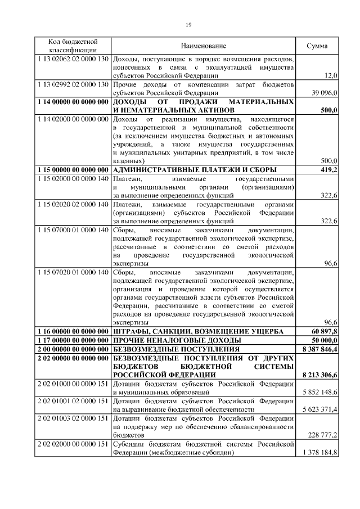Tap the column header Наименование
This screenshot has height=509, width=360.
click(x=203, y=46)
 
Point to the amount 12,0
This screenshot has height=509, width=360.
click(x=331, y=75)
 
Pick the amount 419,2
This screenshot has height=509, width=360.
click(x=328, y=169)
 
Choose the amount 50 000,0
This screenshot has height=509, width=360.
click(x=322, y=340)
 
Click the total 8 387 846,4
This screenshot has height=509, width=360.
click(x=319, y=349)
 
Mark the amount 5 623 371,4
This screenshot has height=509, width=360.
click(x=319, y=409)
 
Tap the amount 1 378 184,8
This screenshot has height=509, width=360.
click(x=319, y=452)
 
